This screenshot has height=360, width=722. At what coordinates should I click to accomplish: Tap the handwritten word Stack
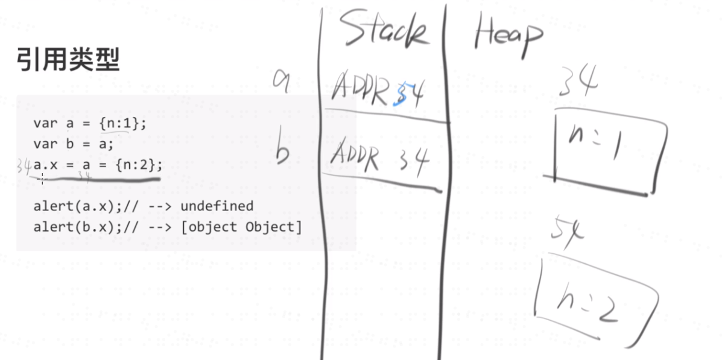[x=384, y=29]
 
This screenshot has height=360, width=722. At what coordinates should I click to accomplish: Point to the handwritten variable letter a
[x=282, y=80]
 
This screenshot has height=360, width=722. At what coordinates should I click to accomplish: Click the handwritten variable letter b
[x=282, y=151]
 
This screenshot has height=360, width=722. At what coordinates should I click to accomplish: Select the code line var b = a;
[x=73, y=144]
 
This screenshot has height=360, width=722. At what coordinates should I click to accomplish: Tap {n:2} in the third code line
[x=139, y=165]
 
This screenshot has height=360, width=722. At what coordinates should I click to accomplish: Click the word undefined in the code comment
[x=217, y=206]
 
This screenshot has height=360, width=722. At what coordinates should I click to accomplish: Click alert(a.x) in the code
[x=77, y=206]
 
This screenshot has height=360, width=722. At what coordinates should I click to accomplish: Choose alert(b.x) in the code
[x=77, y=227]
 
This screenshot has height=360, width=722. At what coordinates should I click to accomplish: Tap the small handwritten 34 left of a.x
[x=24, y=165]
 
